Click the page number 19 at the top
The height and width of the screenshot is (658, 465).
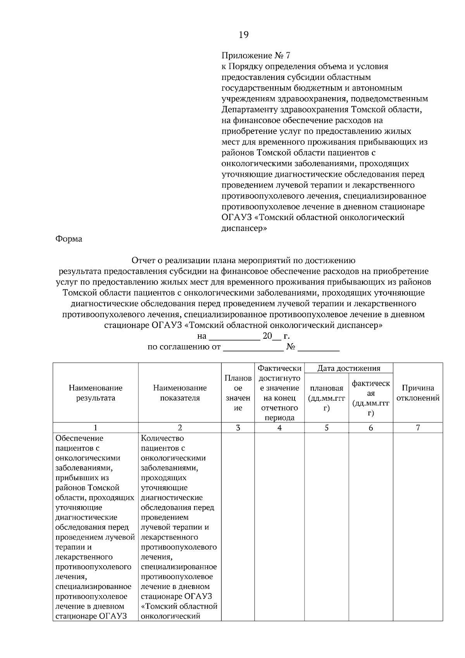point(243,35)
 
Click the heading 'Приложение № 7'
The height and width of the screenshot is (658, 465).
point(256,55)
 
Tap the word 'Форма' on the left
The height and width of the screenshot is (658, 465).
point(69,239)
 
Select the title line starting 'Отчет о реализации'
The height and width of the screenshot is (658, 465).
point(243,260)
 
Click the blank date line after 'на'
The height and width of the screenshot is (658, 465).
point(234,336)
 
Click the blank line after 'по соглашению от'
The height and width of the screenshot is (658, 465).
point(253,347)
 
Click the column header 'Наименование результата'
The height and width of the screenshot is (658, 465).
point(96,393)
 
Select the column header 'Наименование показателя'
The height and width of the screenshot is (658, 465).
point(180,393)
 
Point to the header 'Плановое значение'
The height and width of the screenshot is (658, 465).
point(238,393)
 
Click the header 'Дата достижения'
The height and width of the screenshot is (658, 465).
point(348,368)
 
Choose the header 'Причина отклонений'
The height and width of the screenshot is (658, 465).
point(418,393)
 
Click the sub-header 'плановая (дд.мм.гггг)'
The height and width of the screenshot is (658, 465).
point(326,398)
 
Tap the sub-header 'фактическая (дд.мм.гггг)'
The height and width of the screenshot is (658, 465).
point(371,398)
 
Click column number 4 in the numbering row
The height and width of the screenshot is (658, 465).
point(279,428)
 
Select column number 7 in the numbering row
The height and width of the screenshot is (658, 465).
point(418,428)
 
